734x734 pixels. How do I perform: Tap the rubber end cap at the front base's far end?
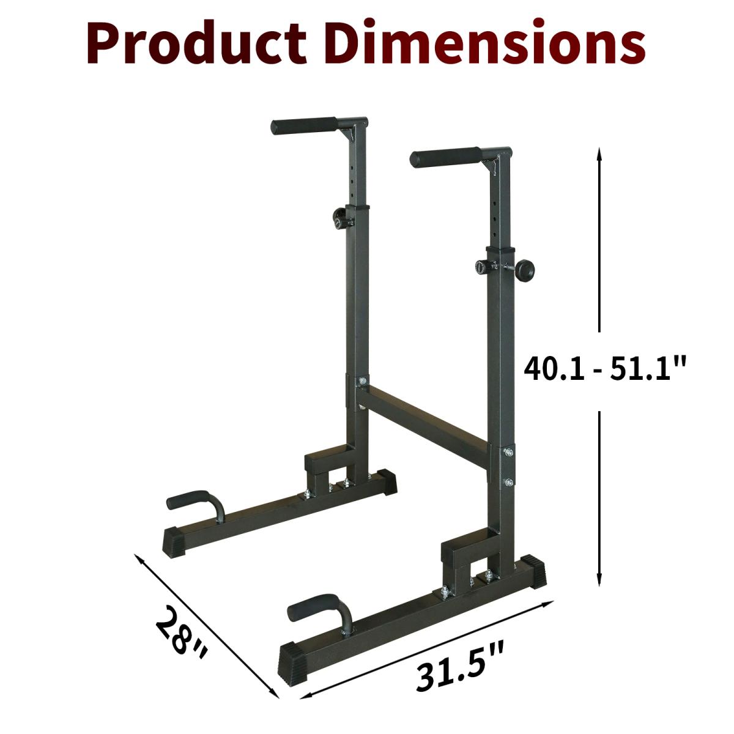(x=536, y=569)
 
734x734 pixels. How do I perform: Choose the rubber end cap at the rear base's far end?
(x=387, y=480)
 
